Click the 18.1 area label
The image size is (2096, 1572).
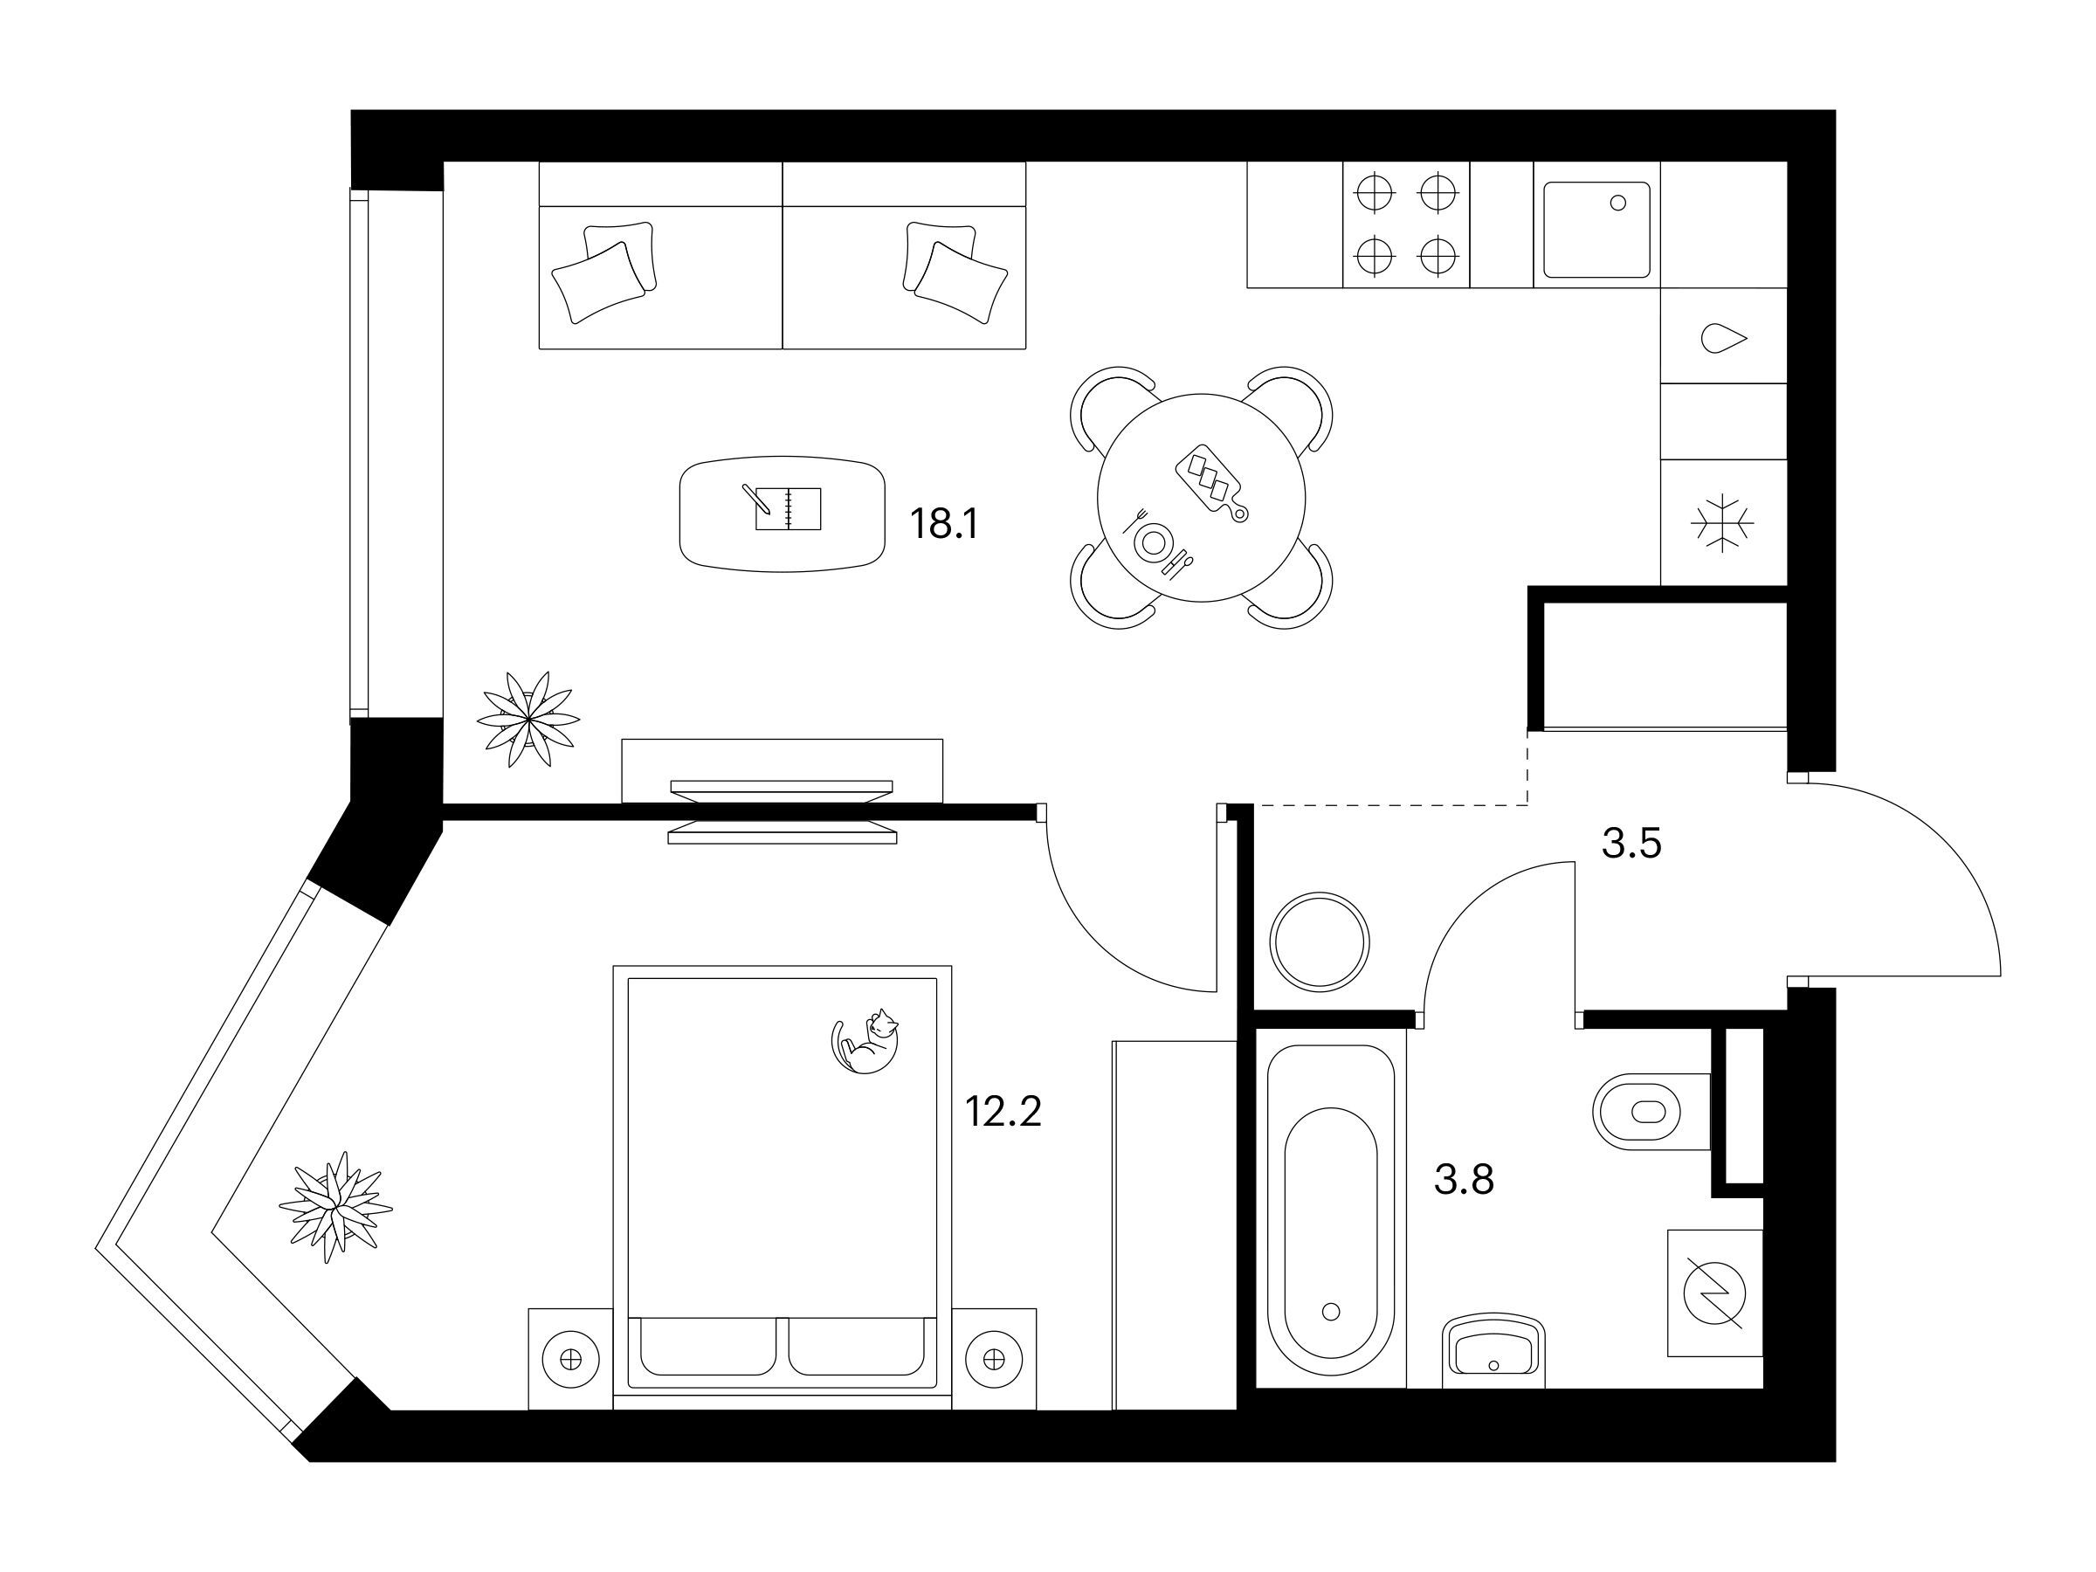[x=943, y=523]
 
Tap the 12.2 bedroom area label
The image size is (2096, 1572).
[x=1003, y=1111]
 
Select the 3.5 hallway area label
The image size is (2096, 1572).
[x=1631, y=843]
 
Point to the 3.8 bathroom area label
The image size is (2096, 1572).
[x=1464, y=1180]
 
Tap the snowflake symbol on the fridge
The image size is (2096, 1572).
[x=1723, y=523]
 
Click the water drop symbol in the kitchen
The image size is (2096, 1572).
[x=1724, y=338]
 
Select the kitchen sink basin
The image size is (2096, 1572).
[x=1596, y=231]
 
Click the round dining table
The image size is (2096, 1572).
[x=1202, y=498]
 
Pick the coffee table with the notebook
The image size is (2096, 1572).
[x=783, y=514]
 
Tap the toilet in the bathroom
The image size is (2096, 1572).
[x=1652, y=1111]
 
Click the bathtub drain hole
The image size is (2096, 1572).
[x=1330, y=1312]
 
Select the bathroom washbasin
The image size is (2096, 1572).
[x=1493, y=1350]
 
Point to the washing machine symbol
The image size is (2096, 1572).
[x=1715, y=1293]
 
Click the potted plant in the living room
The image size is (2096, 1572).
[x=527, y=720]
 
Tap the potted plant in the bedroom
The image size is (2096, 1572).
[x=335, y=1207]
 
